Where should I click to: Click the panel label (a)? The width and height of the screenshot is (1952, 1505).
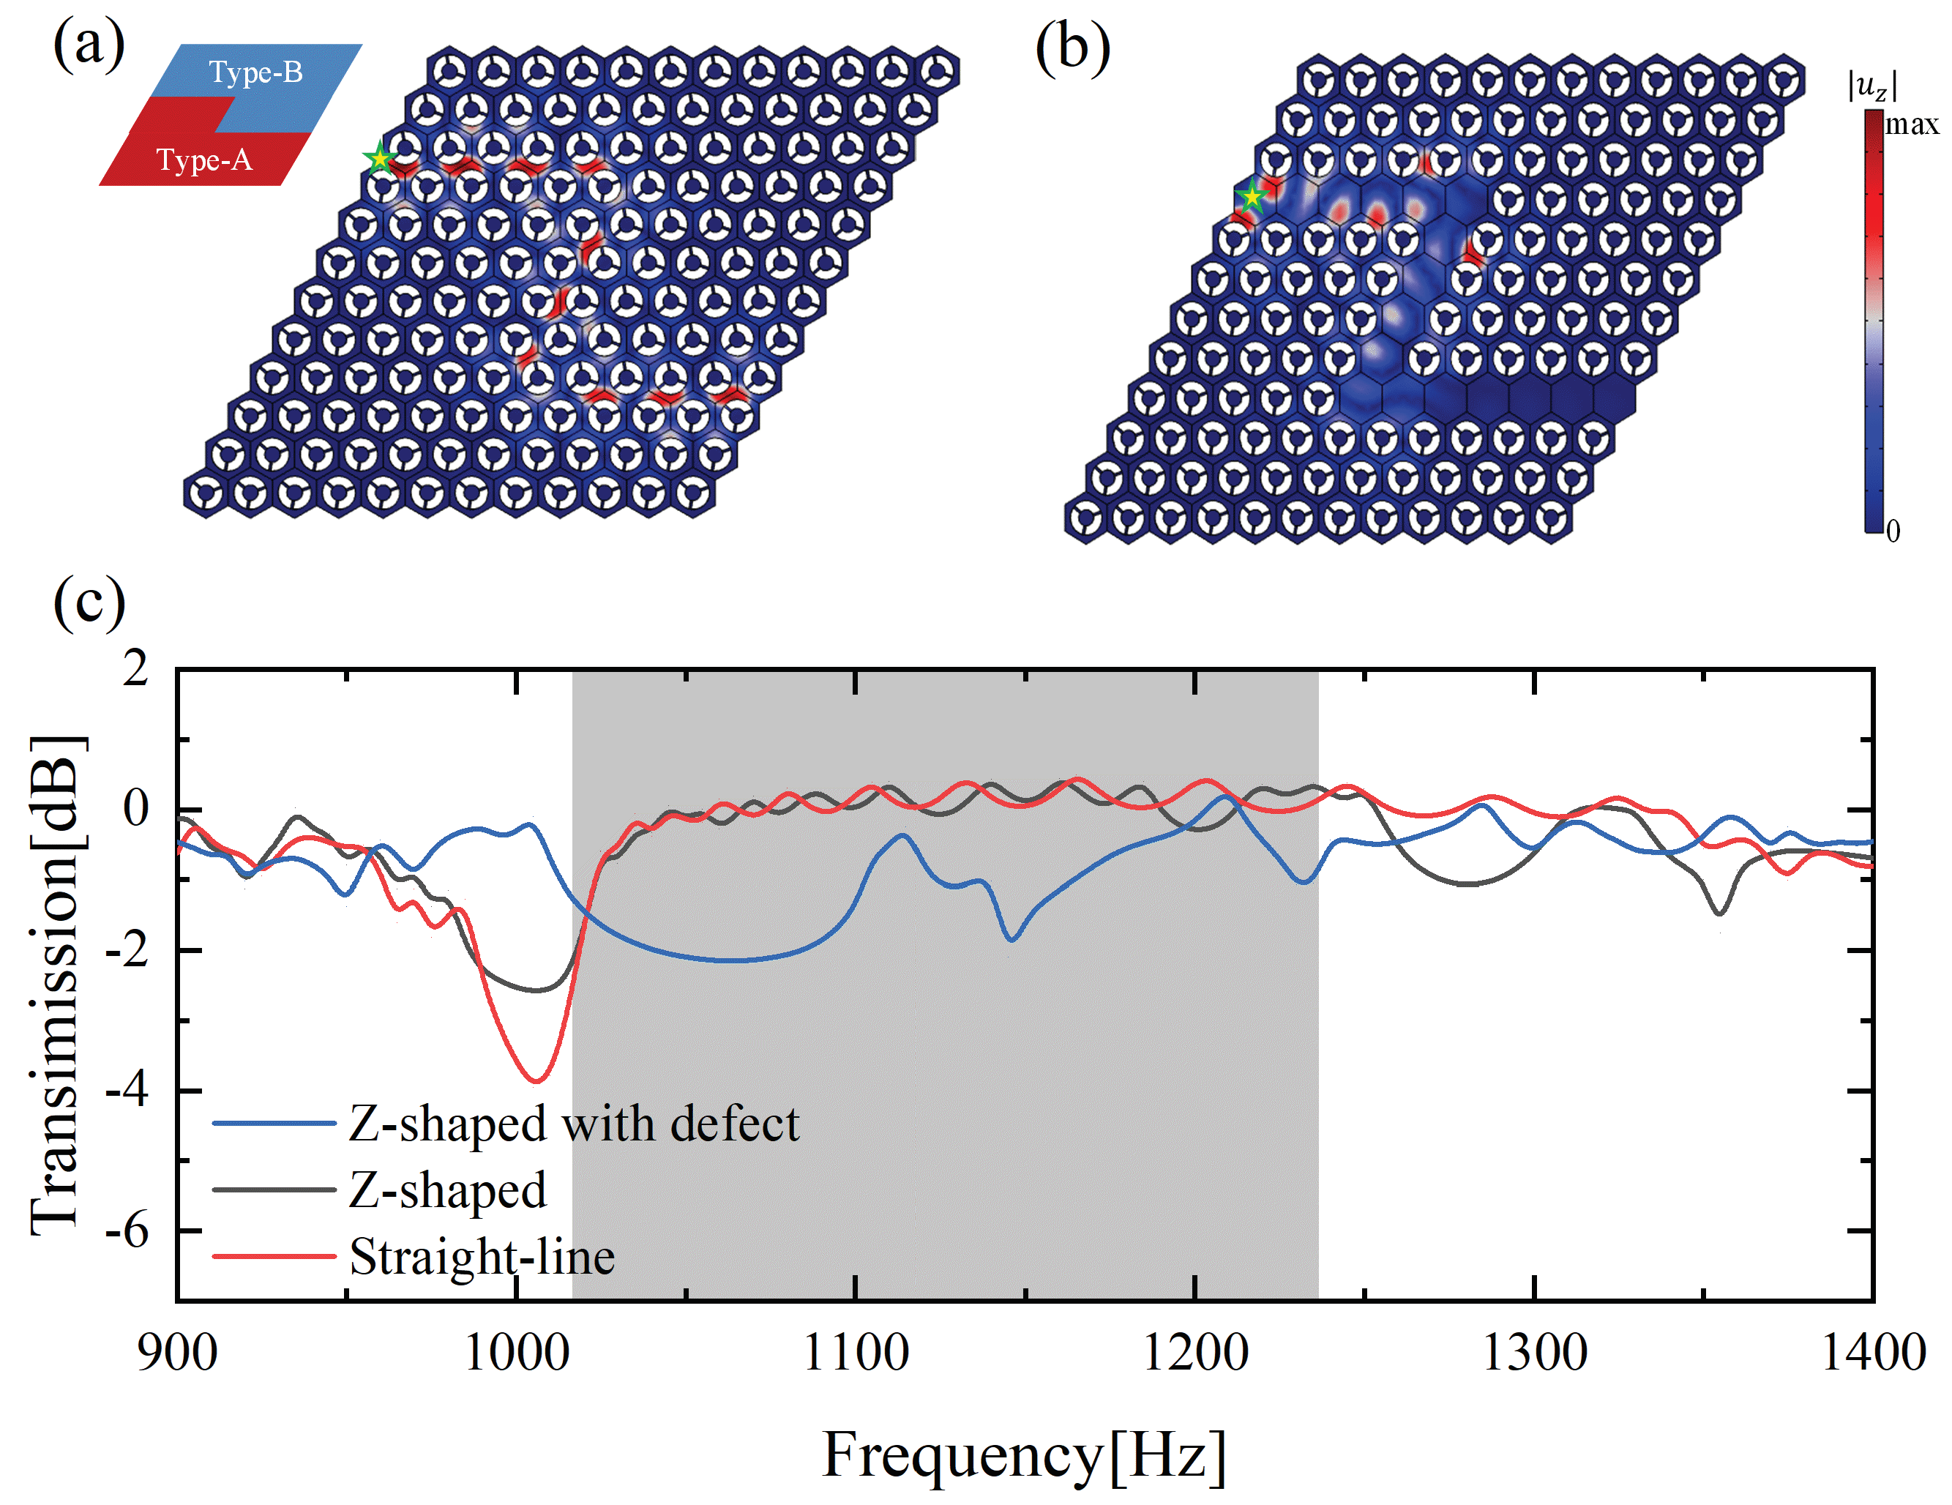89,45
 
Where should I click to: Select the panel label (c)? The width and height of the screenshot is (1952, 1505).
89,602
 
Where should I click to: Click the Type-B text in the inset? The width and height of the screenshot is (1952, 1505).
255,72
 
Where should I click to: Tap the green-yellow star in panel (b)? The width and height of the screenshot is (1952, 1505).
1252,195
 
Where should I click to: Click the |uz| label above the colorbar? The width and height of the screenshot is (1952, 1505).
1872,86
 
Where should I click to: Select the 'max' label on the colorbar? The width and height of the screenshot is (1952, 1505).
1912,124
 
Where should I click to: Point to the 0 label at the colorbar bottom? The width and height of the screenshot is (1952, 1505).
1893,531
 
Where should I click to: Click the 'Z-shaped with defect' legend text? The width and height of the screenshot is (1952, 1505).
574,1124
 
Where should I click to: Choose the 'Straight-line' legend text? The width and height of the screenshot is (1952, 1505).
482,1257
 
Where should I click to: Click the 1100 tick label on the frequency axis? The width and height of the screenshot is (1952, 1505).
856,1352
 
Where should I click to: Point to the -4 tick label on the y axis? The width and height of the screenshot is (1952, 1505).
126,1091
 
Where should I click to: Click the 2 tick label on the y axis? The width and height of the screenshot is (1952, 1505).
136,668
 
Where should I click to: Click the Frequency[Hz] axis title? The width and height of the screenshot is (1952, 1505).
1023,1455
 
